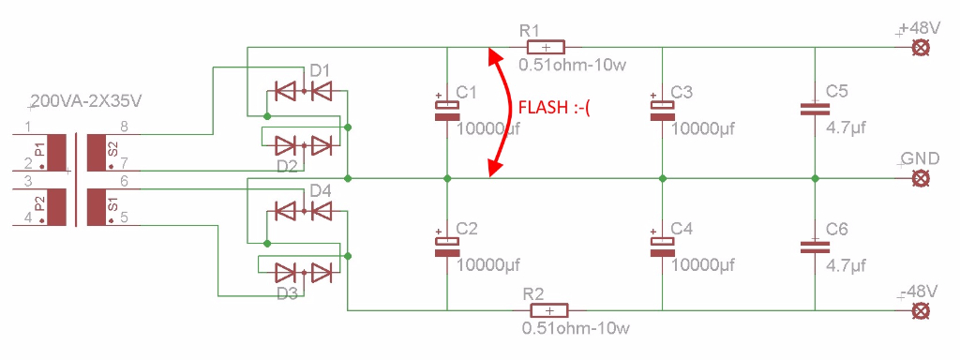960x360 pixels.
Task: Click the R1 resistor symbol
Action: (x=547, y=47)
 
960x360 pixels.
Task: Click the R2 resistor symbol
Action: (x=549, y=310)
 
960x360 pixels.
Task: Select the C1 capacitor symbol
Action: (x=447, y=111)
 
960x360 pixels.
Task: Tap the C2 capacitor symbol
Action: (x=447, y=245)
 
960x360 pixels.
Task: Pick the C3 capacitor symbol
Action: (x=663, y=111)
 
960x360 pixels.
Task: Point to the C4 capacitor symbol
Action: (x=663, y=245)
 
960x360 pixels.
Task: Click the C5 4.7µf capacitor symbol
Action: (x=815, y=110)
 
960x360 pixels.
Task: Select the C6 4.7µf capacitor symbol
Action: (x=815, y=247)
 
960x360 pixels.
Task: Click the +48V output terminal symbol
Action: (x=919, y=48)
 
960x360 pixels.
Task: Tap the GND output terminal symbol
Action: (x=919, y=178)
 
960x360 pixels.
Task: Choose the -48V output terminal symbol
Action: (x=919, y=310)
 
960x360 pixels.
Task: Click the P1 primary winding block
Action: (x=56, y=153)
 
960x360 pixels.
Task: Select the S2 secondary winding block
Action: (x=97, y=153)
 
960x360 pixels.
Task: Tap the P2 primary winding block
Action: (x=56, y=207)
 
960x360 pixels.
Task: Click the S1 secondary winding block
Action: (x=97, y=207)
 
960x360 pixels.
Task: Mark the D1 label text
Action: (x=320, y=71)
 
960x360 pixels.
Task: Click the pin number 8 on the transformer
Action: (x=124, y=127)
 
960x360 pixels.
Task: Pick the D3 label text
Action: (x=287, y=293)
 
